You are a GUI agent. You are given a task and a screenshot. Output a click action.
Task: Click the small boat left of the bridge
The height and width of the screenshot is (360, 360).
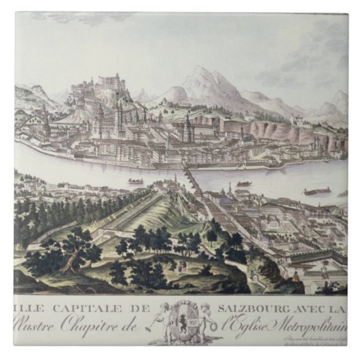pyautogui.click(x=136, y=181)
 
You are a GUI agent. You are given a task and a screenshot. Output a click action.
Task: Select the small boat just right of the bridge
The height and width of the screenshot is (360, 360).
pyautogui.click(x=243, y=183)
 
